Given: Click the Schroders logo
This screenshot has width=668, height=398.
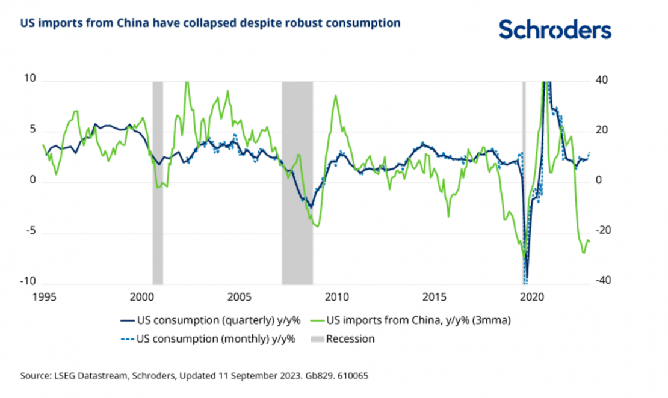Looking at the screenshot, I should (555, 29).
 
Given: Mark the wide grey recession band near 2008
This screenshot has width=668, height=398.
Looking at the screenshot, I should (297, 180).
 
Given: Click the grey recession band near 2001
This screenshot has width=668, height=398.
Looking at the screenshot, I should (158, 180).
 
